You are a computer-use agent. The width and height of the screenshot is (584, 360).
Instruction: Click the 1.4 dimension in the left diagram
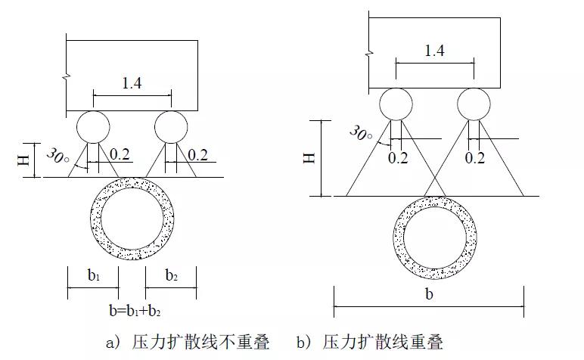pos(132,83)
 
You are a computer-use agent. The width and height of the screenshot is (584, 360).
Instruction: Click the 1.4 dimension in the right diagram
pos(434,51)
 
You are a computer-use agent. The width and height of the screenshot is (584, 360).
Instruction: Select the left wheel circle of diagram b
pos(396,104)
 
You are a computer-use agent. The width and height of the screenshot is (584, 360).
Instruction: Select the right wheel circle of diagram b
pos(474,104)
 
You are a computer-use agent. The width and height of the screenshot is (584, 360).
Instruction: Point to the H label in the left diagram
pos(22,160)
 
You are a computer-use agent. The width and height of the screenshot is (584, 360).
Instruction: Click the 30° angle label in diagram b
pos(361,134)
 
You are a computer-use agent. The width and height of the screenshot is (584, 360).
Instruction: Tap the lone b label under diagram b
pos(429,294)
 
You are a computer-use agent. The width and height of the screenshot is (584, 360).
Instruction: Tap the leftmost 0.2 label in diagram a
pos(120,155)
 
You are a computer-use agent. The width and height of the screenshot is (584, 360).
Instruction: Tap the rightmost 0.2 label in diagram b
pos(474,158)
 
